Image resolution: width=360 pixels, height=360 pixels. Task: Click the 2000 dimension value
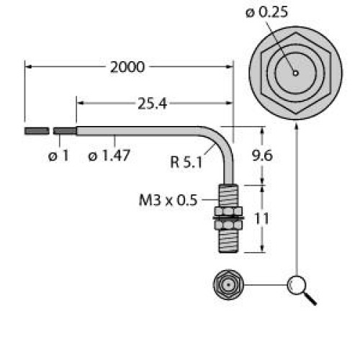[x=127, y=68]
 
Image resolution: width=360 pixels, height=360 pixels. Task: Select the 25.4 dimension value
[x=152, y=104]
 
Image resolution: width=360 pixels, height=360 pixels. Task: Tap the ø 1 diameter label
[x=59, y=156]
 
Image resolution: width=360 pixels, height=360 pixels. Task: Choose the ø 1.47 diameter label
[x=108, y=156]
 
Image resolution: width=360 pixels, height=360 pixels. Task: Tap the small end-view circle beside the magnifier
[x=229, y=286]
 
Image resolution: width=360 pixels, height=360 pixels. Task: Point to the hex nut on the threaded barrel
[x=229, y=215]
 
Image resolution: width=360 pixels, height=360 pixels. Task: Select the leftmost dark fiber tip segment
[x=37, y=131]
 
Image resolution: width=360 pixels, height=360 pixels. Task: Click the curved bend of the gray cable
[x=221, y=140]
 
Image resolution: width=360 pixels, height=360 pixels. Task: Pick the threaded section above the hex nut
[x=229, y=197]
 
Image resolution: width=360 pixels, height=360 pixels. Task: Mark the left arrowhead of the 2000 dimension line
[x=30, y=68]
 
